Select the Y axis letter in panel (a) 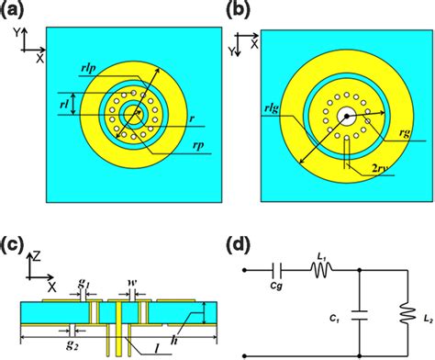click(x=19, y=31)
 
